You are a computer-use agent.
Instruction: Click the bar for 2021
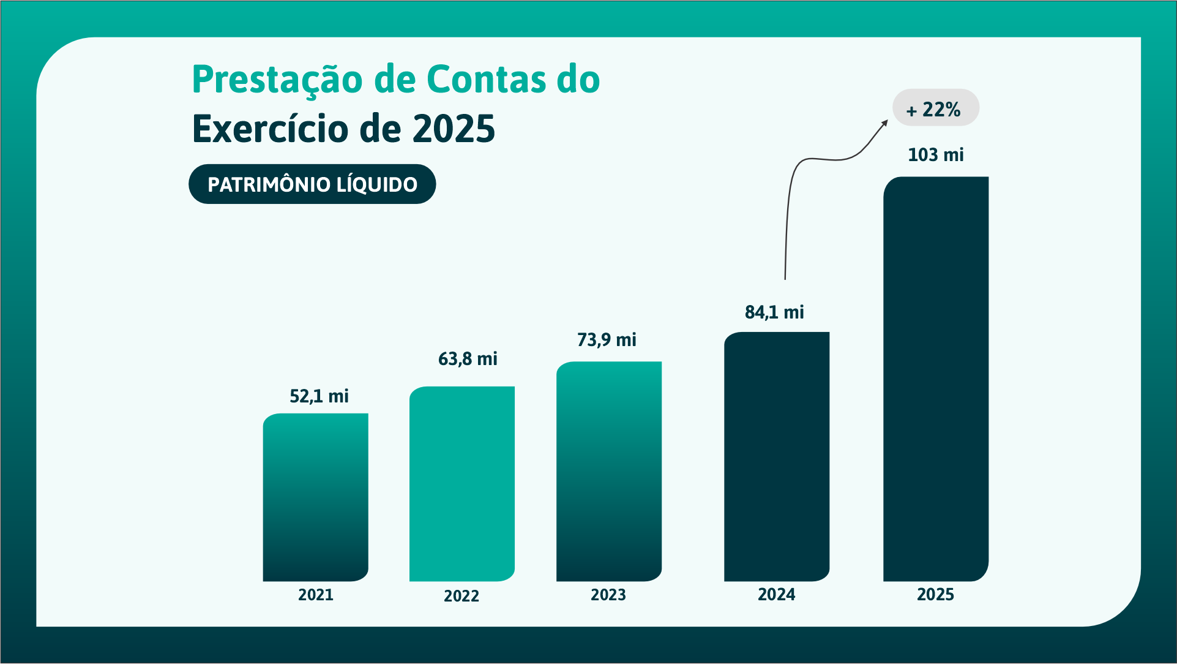click(315, 497)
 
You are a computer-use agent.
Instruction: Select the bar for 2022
click(461, 484)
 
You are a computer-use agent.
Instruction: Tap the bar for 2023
click(608, 472)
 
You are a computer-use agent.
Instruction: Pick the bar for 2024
click(776, 457)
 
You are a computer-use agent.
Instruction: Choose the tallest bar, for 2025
click(935, 379)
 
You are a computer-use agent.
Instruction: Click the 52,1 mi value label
click(319, 396)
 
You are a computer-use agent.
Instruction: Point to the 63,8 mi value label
click(468, 359)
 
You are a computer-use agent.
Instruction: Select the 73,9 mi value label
click(607, 340)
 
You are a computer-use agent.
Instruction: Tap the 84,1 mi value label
click(774, 312)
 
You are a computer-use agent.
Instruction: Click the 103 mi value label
click(935, 155)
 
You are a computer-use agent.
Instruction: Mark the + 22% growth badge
click(935, 108)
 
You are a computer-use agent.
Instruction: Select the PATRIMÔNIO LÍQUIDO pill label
click(312, 184)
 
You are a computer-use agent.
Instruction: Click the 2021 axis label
click(315, 595)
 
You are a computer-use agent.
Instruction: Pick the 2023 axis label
click(608, 595)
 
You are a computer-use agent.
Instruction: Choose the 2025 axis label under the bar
click(935, 594)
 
